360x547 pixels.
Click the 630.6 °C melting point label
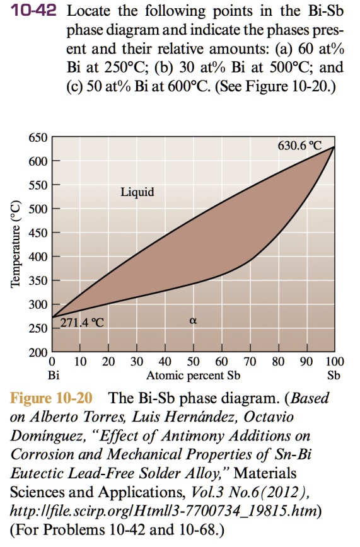(300, 145)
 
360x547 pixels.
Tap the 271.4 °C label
(82, 324)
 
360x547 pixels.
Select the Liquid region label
(137, 192)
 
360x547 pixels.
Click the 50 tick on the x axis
(194, 362)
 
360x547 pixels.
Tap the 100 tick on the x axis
(334, 362)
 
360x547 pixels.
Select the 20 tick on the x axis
(108, 362)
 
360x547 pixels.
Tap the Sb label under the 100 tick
(334, 377)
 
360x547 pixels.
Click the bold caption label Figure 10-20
(51, 399)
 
